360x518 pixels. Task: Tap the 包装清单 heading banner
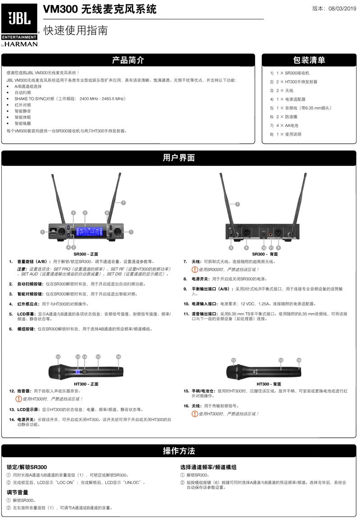(x=309, y=60)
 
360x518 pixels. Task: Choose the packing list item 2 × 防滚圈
(x=287, y=117)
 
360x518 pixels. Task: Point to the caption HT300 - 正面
(x=86, y=384)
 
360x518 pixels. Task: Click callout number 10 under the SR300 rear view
(x=264, y=247)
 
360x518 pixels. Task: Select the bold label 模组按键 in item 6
(x=27, y=329)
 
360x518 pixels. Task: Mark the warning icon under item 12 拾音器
(x=18, y=399)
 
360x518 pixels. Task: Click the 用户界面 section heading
(x=179, y=158)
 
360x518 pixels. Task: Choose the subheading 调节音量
(x=18, y=492)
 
